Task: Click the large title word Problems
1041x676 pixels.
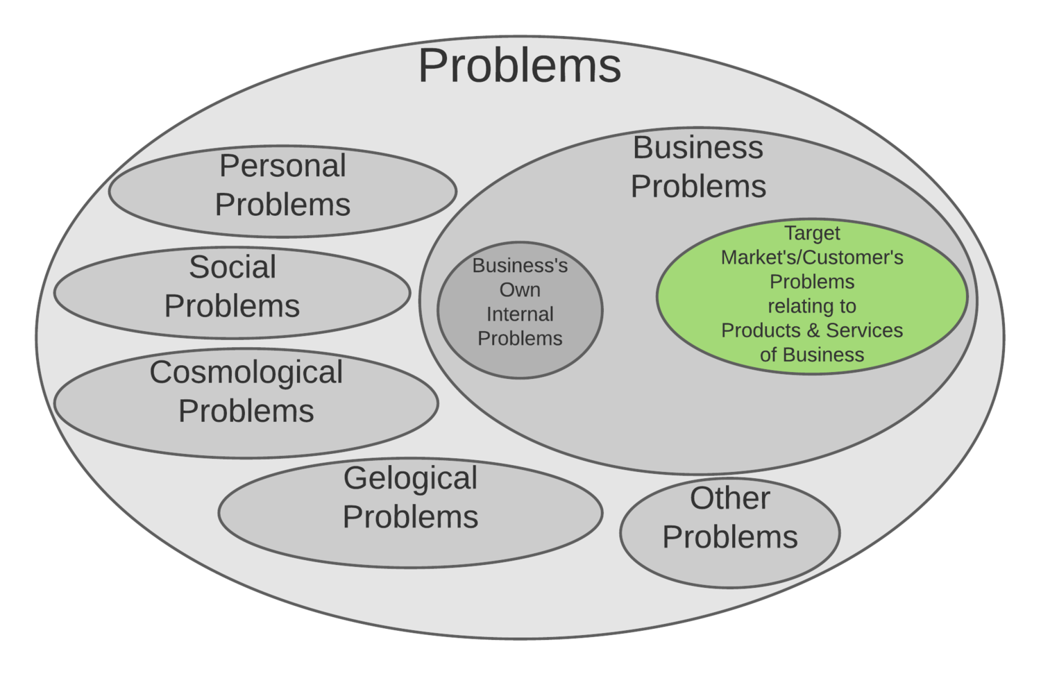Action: (x=519, y=67)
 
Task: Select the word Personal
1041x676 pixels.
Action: (x=282, y=167)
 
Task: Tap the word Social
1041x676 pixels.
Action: (x=232, y=267)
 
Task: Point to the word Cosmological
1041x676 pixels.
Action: (x=246, y=373)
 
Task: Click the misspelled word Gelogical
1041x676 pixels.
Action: (x=410, y=478)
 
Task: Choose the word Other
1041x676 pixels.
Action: (x=729, y=498)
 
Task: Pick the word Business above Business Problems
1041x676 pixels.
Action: (x=697, y=147)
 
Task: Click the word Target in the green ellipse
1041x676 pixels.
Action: (x=812, y=233)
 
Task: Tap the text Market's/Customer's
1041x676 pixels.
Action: (x=812, y=257)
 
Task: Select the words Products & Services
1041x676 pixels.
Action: (x=812, y=330)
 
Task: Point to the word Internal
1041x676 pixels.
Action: (x=520, y=314)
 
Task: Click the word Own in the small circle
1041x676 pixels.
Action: (x=520, y=290)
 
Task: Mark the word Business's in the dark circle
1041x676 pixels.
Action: (x=520, y=266)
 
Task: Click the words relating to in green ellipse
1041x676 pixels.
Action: (x=812, y=306)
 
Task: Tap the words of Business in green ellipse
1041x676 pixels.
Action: (x=812, y=355)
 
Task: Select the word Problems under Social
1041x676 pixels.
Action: (x=232, y=306)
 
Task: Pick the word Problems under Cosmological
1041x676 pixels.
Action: (x=246, y=411)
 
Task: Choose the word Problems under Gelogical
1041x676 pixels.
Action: (x=410, y=517)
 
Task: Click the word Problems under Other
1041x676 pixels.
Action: (x=729, y=537)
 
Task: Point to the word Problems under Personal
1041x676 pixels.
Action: (x=282, y=205)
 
